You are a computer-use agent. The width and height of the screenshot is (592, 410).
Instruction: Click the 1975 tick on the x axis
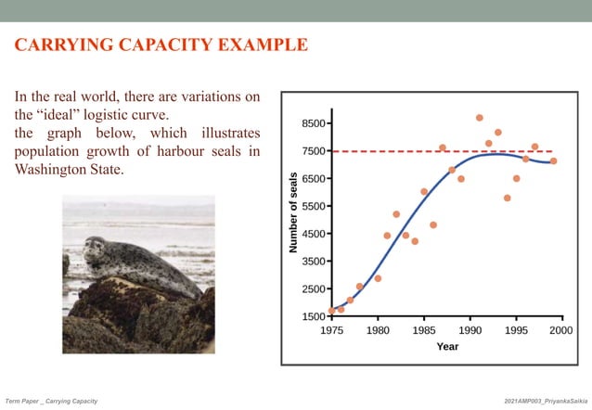click(331, 329)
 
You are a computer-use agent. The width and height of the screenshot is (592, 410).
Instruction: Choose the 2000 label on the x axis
click(560, 329)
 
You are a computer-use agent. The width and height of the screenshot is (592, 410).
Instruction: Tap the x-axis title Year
click(447, 347)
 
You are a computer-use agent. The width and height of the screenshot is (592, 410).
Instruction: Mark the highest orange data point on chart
click(479, 118)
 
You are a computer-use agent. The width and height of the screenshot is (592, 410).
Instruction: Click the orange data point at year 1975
click(331, 311)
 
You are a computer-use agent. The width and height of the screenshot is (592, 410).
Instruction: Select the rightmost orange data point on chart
click(553, 160)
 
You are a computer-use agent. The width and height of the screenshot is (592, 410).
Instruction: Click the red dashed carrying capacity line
click(408, 151)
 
